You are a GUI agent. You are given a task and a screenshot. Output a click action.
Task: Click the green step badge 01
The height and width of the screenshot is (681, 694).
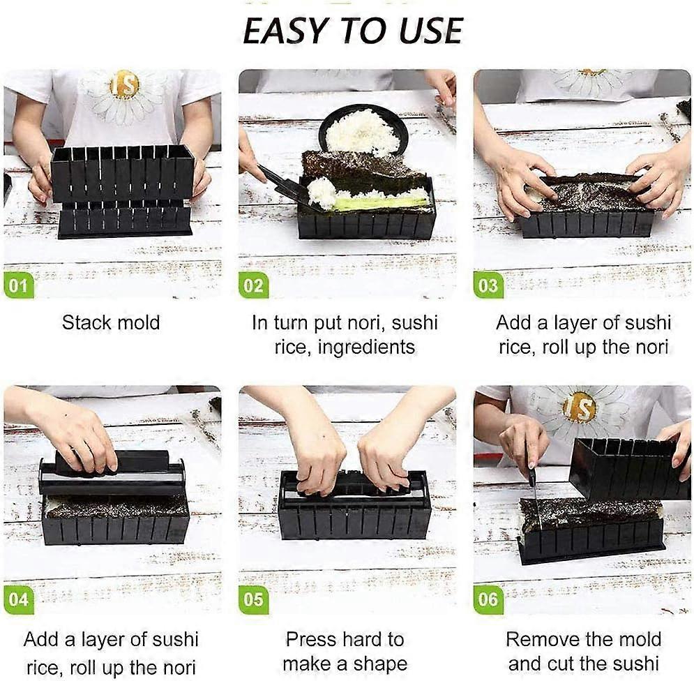[x=20, y=287]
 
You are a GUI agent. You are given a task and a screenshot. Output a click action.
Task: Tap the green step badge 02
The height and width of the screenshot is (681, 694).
[x=254, y=287]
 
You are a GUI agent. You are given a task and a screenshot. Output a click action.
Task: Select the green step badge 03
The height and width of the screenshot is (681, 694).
[x=488, y=286]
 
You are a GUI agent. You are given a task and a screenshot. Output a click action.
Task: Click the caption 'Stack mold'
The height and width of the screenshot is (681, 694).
[x=110, y=322]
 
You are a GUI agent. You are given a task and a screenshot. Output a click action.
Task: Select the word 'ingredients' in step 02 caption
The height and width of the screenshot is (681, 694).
[x=366, y=347]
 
